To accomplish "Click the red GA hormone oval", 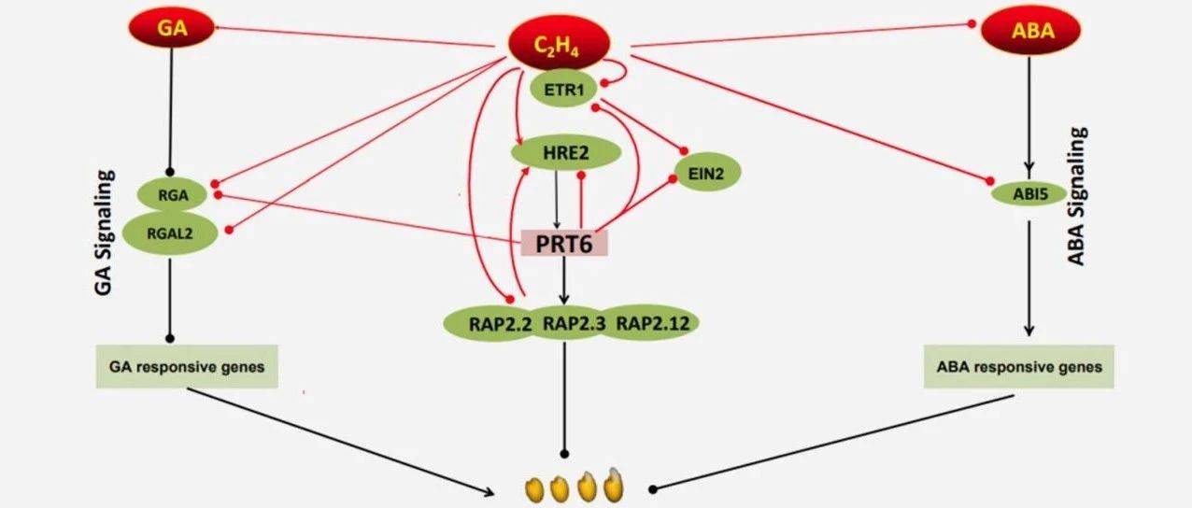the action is point(171,27).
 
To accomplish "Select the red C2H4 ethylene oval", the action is point(560,44).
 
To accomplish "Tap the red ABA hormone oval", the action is point(1031,30).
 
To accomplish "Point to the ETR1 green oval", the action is point(564,89).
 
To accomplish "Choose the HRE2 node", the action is point(566,153).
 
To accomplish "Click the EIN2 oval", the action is point(707,173).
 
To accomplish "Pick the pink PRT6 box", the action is point(564,243).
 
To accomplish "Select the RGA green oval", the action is point(173,194).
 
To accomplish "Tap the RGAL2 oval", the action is point(170,233).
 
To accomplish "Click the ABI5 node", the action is point(1029,194).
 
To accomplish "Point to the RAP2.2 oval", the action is point(495,323).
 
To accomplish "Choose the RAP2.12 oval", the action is point(650,322).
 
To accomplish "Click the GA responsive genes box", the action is point(187,366).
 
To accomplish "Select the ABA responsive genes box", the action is point(1018,366).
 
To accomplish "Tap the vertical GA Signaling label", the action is point(104,233).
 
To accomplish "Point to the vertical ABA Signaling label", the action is point(1077,196).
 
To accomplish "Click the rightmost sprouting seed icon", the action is point(614,486).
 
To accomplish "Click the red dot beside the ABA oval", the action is point(972,24).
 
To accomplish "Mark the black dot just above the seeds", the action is point(564,454).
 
